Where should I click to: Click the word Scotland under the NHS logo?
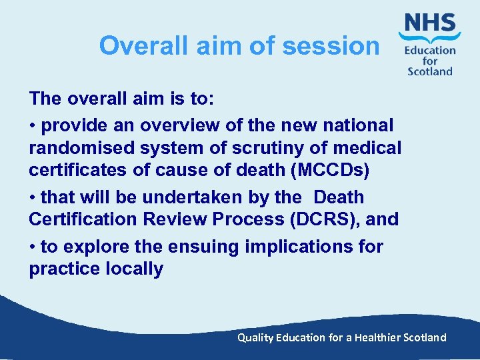click(x=430, y=71)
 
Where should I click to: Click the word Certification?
click(x=87, y=220)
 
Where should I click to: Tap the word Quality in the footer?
click(x=256, y=337)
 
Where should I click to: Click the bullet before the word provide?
click(x=33, y=125)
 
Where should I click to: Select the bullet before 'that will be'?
click(x=33, y=197)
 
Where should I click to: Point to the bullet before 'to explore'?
click(x=33, y=246)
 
